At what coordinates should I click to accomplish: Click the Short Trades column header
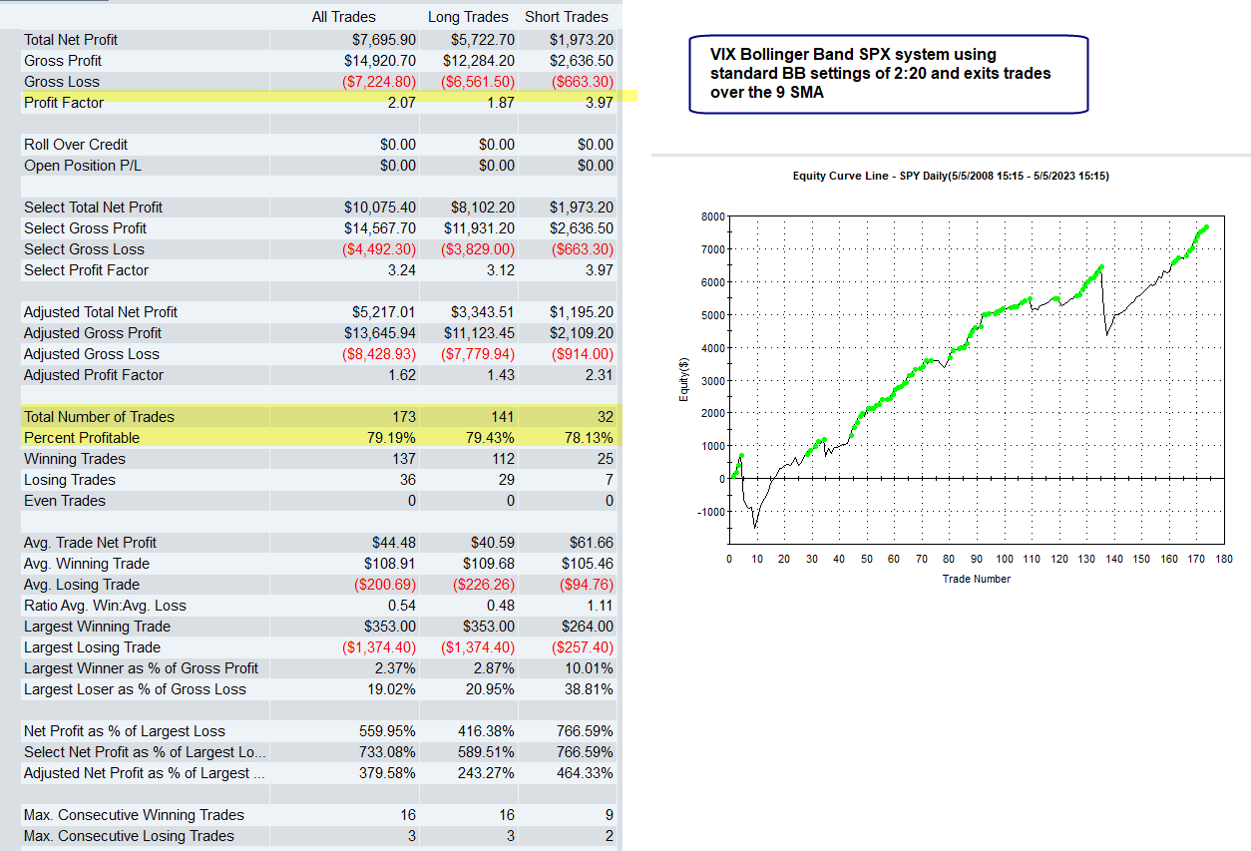click(x=567, y=17)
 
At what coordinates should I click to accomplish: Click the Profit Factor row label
click(x=64, y=103)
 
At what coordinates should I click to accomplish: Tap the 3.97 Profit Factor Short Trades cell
click(x=597, y=103)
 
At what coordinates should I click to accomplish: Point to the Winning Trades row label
click(x=75, y=459)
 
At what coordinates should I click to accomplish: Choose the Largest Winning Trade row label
click(x=97, y=627)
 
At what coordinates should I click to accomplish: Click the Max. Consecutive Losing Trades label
click(x=129, y=836)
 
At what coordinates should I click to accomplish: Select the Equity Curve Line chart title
click(x=950, y=177)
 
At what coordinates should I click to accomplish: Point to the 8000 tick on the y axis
click(x=711, y=216)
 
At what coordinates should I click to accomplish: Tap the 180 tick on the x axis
click(x=1224, y=559)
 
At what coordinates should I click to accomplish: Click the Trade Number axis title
click(x=976, y=579)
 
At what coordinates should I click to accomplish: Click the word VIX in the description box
click(x=725, y=55)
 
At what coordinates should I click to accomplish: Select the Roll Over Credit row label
click(x=76, y=145)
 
